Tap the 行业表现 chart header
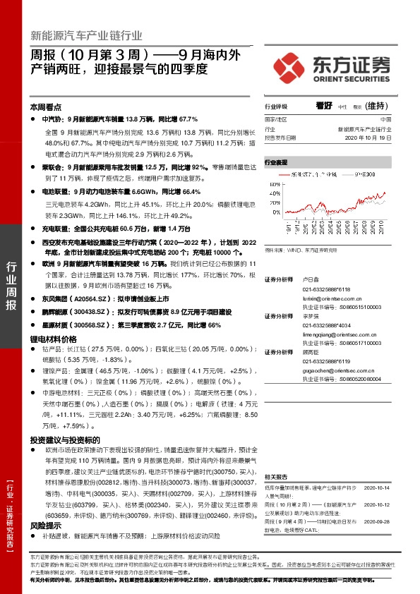point(277,162)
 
